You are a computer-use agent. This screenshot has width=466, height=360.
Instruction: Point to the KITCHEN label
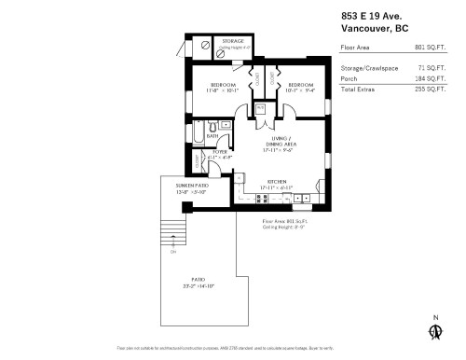pyautogui.click(x=276, y=181)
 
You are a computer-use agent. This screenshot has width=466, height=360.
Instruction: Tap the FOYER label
pyautogui.click(x=220, y=151)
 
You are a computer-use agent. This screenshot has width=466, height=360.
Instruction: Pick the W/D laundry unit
pyautogui.click(x=260, y=109)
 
